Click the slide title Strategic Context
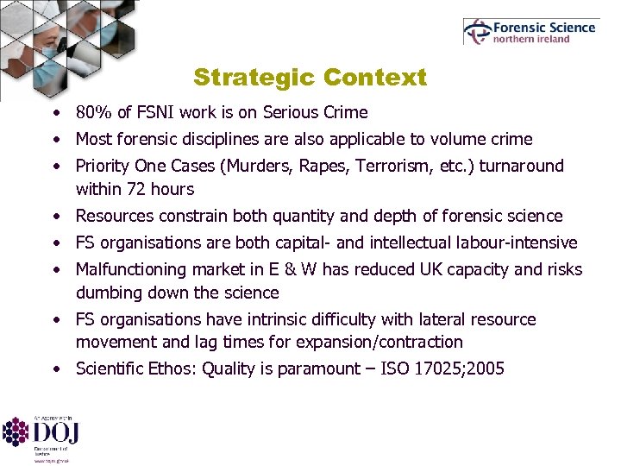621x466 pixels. point(310,78)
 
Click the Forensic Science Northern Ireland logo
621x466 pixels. point(530,32)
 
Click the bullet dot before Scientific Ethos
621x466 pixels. point(54,369)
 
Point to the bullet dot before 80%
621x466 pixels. point(54,113)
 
